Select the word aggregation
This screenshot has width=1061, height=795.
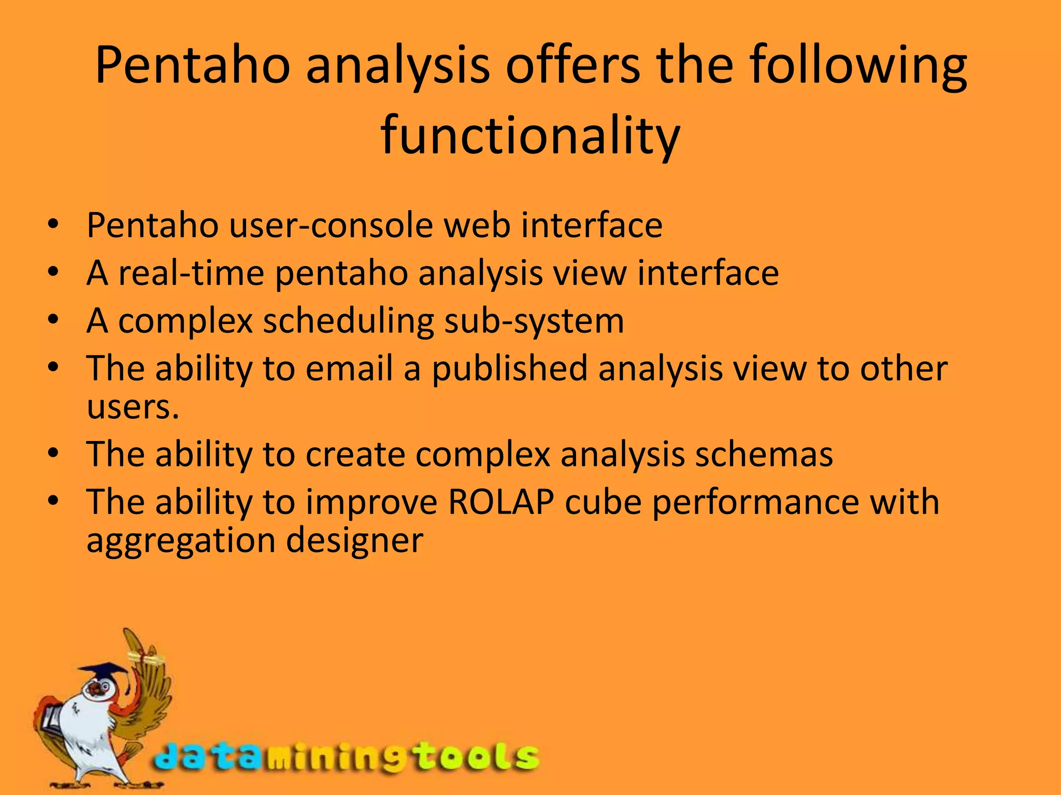(181, 541)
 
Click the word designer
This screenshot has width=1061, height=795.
(355, 541)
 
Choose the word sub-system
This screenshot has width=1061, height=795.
(534, 321)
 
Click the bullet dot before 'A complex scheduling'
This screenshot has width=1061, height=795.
(53, 320)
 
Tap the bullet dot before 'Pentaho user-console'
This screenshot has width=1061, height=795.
(53, 225)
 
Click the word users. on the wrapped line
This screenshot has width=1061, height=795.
(133, 407)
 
